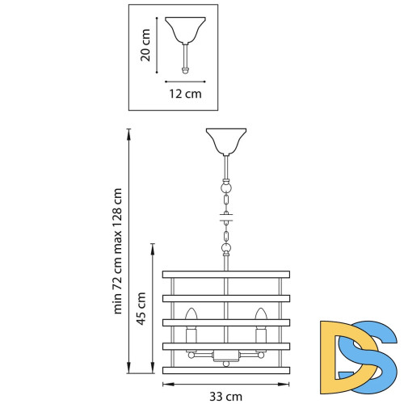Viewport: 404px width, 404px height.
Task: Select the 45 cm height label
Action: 141,308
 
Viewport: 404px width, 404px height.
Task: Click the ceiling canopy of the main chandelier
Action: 225,141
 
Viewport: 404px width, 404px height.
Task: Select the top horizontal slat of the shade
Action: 225,273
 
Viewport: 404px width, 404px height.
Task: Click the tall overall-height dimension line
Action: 129,250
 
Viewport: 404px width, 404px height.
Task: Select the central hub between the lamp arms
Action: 225,356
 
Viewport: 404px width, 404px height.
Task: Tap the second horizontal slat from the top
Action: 225,297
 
